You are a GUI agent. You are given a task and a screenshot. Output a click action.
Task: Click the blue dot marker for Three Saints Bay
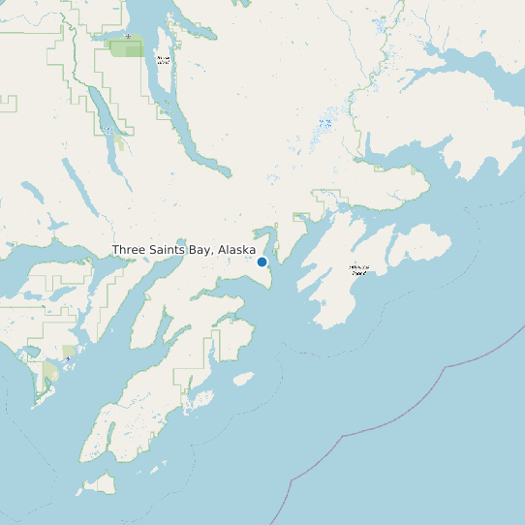[262, 262]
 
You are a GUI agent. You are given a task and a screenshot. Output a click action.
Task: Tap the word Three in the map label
[130, 250]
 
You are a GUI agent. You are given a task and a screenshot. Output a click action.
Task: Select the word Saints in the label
[170, 250]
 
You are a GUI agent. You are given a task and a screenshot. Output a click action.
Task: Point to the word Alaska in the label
[237, 250]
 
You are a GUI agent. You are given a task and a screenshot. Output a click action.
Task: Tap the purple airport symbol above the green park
[128, 37]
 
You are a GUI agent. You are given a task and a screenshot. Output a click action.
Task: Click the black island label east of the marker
[359, 269]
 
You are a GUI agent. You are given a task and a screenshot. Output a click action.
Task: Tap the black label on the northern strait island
[163, 60]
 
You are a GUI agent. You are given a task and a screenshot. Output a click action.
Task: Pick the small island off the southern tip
[101, 481]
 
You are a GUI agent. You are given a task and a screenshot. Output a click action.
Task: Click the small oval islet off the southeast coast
[243, 379]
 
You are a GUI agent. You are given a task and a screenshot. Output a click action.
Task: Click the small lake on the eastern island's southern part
[323, 302]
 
